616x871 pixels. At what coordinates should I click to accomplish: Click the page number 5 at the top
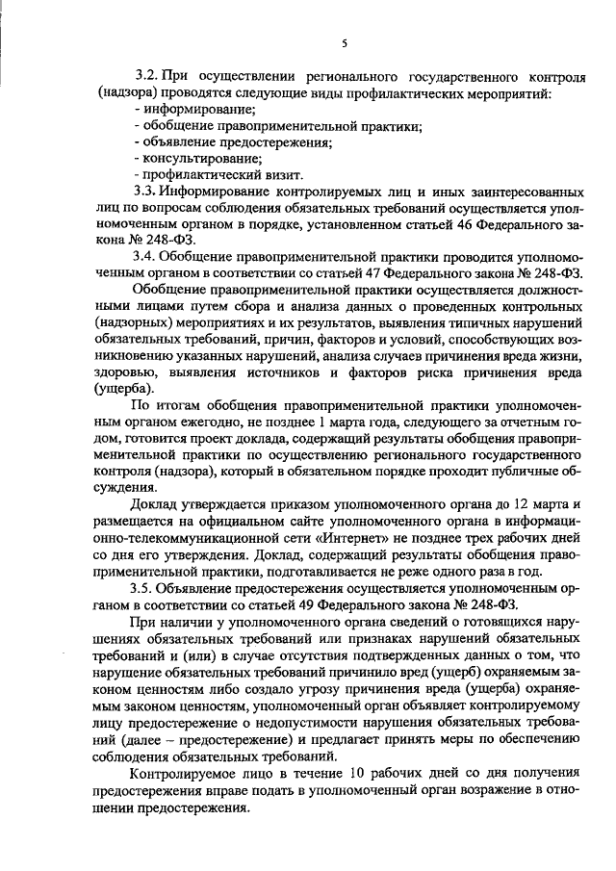click(x=344, y=44)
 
